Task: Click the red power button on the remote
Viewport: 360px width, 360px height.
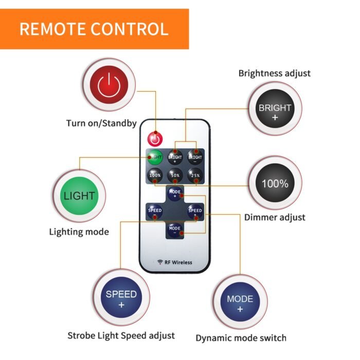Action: (x=155, y=139)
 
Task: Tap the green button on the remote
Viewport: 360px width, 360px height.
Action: (x=155, y=157)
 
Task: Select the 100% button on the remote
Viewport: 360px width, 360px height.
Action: (x=155, y=175)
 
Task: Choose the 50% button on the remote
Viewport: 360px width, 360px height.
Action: (x=175, y=175)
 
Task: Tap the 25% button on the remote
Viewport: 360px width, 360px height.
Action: (x=195, y=175)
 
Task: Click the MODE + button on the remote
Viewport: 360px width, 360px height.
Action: (x=175, y=194)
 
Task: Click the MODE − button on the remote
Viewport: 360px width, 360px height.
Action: (x=175, y=230)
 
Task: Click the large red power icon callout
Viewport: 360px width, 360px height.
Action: (x=109, y=85)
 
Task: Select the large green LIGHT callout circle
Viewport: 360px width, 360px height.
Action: (x=79, y=196)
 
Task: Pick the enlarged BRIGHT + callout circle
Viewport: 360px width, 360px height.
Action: (x=275, y=109)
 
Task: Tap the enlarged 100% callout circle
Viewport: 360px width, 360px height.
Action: (x=275, y=183)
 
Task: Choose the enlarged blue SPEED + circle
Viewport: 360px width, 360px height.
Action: (x=121, y=298)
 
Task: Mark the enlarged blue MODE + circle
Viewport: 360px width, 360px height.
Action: (x=240, y=302)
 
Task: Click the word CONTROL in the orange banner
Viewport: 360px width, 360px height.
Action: (x=130, y=29)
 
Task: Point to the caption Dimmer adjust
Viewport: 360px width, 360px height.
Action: (x=275, y=218)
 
